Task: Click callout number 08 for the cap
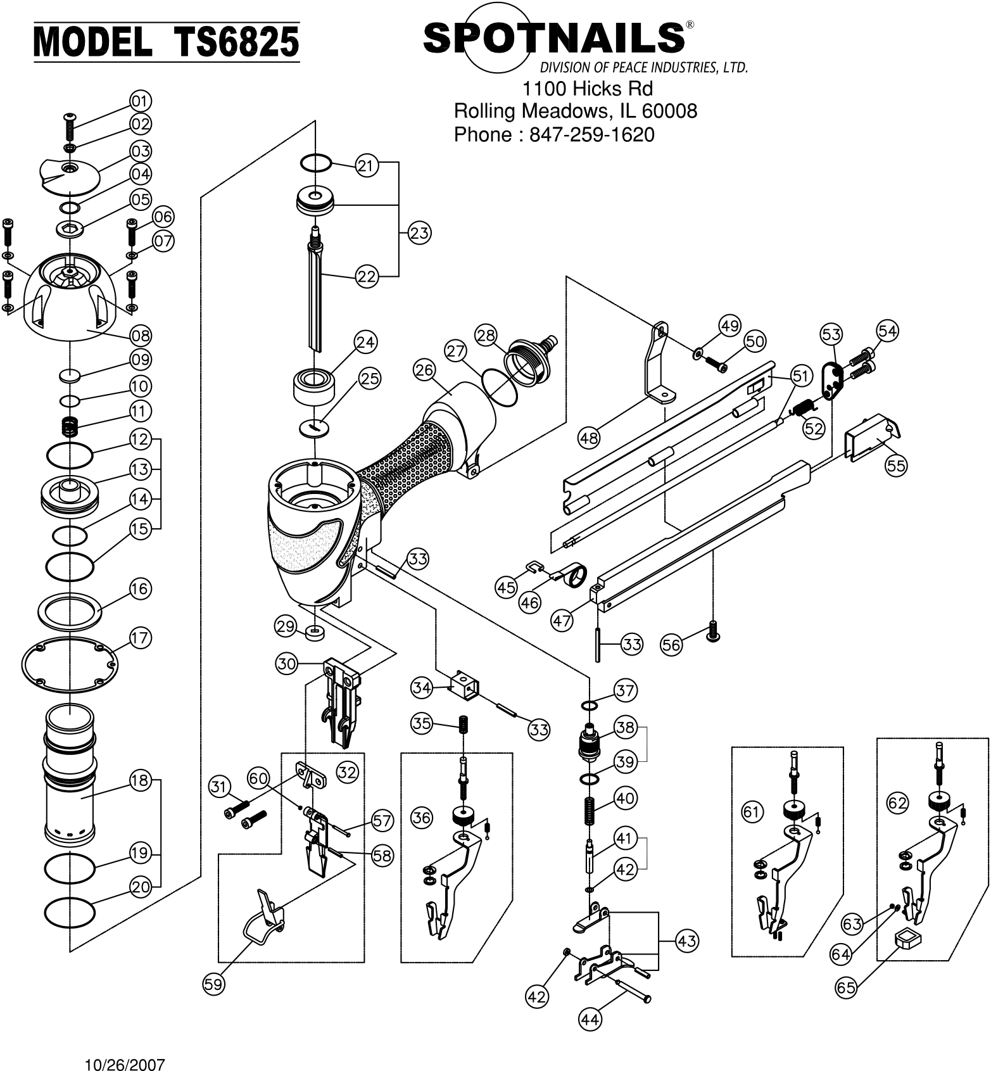click(x=141, y=335)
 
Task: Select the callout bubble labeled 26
click(x=424, y=370)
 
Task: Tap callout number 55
click(x=896, y=466)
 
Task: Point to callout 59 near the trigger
click(x=213, y=984)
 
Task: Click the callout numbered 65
click(x=846, y=987)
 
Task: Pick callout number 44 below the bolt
click(x=590, y=1019)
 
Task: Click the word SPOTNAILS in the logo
click(x=554, y=38)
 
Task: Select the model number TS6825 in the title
click(x=236, y=42)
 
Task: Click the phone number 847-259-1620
click(x=591, y=134)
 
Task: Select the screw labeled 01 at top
click(x=69, y=127)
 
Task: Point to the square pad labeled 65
click(x=906, y=939)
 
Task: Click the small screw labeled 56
click(x=713, y=631)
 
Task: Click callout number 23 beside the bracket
click(x=419, y=233)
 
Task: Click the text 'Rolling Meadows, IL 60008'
click(x=576, y=111)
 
